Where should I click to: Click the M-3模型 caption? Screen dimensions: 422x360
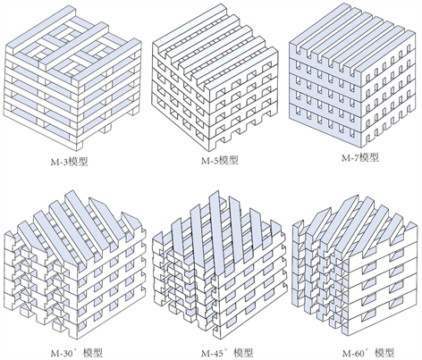click(70, 162)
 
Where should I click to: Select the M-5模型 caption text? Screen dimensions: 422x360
click(220, 160)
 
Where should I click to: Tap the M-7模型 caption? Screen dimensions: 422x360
click(360, 157)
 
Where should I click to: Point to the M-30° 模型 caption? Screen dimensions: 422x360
click(77, 353)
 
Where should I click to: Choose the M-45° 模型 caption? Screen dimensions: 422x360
click(227, 353)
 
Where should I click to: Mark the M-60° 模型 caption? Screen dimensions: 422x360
click(368, 353)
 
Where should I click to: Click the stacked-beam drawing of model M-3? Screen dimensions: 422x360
click(73, 80)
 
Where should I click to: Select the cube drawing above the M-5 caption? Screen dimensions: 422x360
click(215, 79)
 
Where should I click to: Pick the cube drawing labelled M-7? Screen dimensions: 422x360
click(352, 74)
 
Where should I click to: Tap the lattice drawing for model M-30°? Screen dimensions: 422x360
click(75, 265)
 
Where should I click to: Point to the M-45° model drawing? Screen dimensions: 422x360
click(219, 265)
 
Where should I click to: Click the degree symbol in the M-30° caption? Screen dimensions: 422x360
click(75, 349)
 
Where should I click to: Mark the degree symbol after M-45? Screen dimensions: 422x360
click(226, 349)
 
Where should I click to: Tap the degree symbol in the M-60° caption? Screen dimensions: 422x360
click(367, 349)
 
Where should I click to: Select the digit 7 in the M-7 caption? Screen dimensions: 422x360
click(356, 157)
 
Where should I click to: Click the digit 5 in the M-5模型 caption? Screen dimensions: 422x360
click(215, 161)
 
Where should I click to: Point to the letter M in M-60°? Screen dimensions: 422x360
click(347, 354)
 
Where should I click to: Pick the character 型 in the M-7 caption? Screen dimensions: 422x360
click(374, 157)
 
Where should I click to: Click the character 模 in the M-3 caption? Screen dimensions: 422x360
click(73, 162)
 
